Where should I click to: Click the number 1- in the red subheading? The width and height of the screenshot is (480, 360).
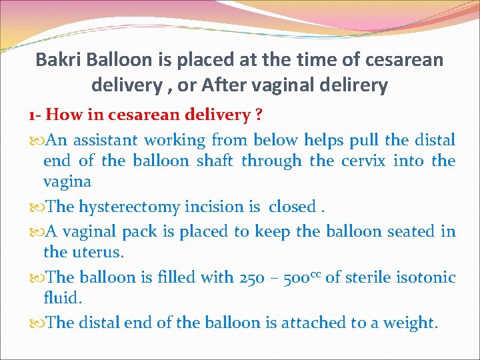(x=35, y=115)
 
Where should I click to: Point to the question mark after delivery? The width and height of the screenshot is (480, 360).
(x=257, y=115)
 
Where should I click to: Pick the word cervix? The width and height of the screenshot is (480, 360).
(x=363, y=161)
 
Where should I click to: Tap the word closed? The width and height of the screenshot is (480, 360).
(x=292, y=207)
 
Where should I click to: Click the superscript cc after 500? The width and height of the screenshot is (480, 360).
(x=314, y=274)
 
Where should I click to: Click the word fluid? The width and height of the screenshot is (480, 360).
(x=62, y=298)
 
